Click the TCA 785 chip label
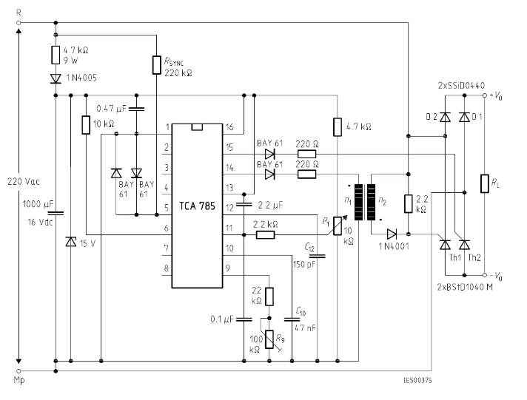point(197,206)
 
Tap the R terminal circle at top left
point(19,23)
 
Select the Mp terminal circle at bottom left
point(19,371)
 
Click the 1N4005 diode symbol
point(56,79)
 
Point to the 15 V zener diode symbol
point(70,242)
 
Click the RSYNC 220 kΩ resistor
point(157,65)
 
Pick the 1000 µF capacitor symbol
point(56,213)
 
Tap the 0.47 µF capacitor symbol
point(136,109)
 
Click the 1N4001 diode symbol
point(392,234)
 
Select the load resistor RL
point(484,183)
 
